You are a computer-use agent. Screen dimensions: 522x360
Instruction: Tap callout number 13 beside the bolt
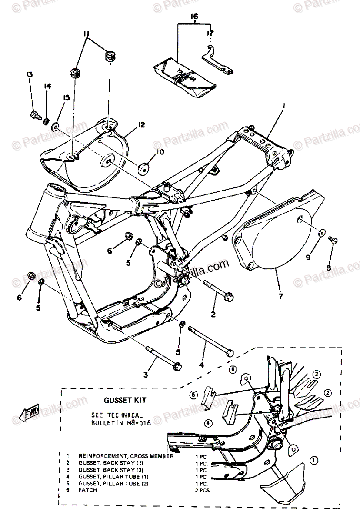pyautogui.click(x=30, y=75)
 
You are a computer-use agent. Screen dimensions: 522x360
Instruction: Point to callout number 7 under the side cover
pyautogui.click(x=280, y=296)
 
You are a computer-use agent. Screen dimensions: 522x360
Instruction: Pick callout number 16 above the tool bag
pyautogui.click(x=194, y=17)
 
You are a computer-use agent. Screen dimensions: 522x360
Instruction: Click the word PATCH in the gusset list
pyautogui.click(x=88, y=490)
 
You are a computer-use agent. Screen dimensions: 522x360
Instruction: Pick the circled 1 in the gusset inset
pyautogui.click(x=314, y=459)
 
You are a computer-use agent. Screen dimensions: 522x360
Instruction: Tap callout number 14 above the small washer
pyautogui.click(x=47, y=87)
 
